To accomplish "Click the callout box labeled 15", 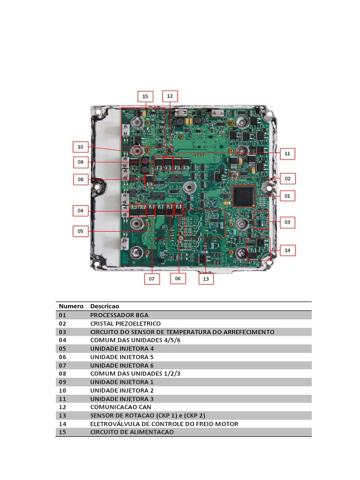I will pyautogui.click(x=145, y=97).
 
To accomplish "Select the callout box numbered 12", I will pyautogui.click(x=170, y=96).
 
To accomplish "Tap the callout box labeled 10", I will pyautogui.click(x=80, y=147).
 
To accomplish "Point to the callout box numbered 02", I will pyautogui.click(x=287, y=178).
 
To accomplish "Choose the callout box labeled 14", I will pyautogui.click(x=287, y=251).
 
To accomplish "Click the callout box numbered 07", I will pyautogui.click(x=151, y=279).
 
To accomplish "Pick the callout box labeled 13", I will pyautogui.click(x=206, y=279).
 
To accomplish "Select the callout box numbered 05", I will pyautogui.click(x=80, y=231).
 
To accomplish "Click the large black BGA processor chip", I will pyautogui.click(x=244, y=196).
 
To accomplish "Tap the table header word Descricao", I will pyautogui.click(x=105, y=306).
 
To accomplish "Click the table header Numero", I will pyautogui.click(x=71, y=306).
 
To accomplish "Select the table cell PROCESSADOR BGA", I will pyautogui.click(x=119, y=315).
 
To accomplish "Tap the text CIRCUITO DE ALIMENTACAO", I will pyautogui.click(x=132, y=432).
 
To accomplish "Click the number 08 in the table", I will pyautogui.click(x=63, y=374).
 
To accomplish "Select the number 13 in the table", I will pyautogui.click(x=63, y=415).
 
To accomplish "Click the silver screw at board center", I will pyautogui.click(x=189, y=188).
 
